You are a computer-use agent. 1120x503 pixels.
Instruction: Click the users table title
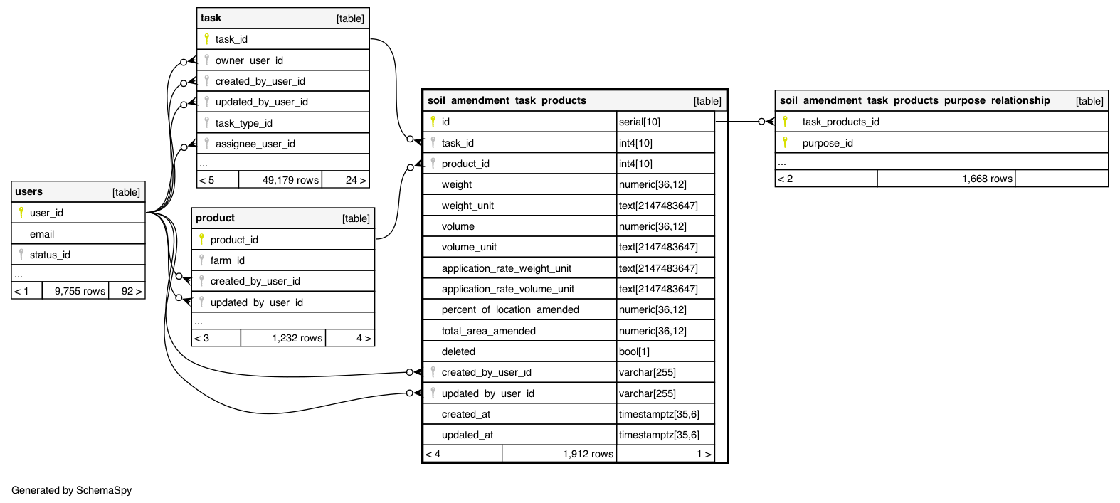(x=29, y=191)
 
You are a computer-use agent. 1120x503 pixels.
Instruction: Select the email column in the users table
(x=42, y=234)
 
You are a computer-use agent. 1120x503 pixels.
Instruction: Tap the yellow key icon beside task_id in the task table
(x=207, y=39)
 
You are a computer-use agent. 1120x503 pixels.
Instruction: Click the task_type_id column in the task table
(x=243, y=123)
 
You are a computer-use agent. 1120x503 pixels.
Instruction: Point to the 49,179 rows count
(x=290, y=180)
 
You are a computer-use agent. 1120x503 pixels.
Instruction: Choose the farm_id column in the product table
(x=227, y=260)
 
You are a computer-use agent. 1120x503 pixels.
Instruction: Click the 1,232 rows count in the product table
(x=297, y=338)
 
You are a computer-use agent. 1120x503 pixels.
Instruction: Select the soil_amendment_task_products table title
(x=507, y=100)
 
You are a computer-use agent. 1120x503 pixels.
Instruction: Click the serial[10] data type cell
(x=640, y=122)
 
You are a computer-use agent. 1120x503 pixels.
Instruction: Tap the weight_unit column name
(x=467, y=206)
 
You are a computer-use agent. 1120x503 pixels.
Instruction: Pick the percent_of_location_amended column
(x=510, y=309)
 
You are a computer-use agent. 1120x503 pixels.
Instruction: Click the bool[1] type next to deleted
(x=634, y=351)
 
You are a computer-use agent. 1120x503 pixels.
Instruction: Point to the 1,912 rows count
(x=588, y=454)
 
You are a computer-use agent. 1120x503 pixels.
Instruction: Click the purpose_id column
(x=828, y=143)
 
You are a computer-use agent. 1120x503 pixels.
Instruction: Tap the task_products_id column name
(x=840, y=122)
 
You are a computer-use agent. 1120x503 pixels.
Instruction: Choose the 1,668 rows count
(x=987, y=179)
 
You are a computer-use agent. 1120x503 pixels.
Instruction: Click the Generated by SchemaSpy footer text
(x=72, y=490)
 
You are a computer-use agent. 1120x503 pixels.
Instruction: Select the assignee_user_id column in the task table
(x=255, y=144)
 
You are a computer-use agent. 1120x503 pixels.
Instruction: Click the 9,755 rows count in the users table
(x=80, y=291)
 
